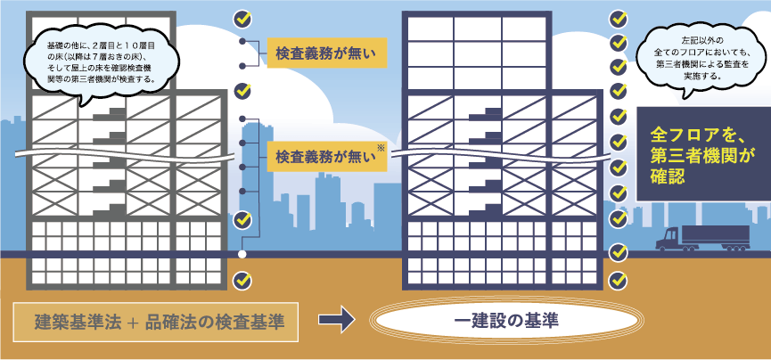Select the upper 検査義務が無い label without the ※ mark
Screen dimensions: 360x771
point(326,53)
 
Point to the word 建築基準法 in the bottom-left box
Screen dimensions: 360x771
point(75,322)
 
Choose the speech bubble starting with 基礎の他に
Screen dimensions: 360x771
point(100,61)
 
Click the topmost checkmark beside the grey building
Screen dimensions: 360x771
point(242,17)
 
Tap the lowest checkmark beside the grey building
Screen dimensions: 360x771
point(242,281)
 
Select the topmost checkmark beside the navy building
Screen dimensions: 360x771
point(618,18)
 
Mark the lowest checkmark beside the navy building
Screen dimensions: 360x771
point(618,279)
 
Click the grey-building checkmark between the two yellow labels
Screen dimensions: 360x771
point(242,90)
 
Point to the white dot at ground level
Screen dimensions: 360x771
point(242,255)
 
